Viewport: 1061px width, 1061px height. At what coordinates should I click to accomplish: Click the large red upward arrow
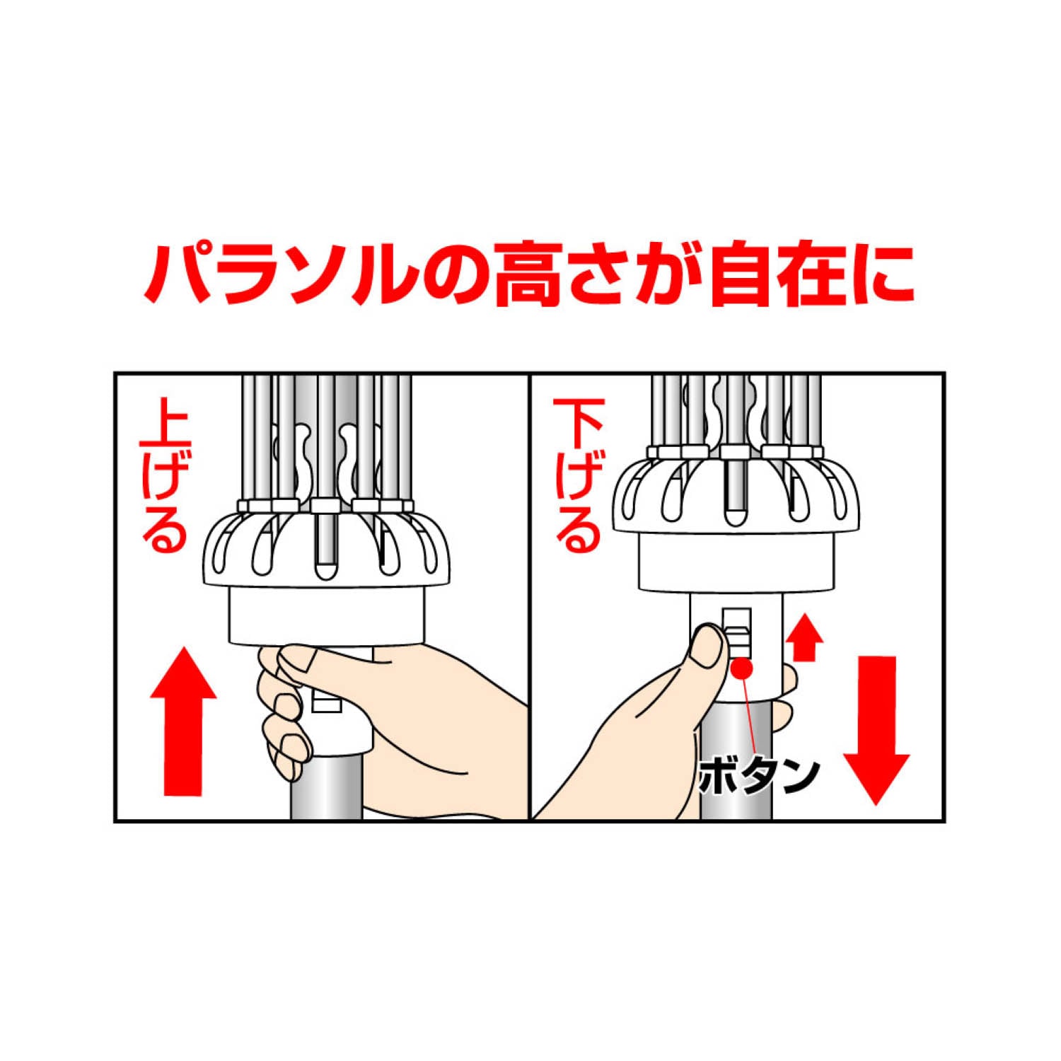point(183,721)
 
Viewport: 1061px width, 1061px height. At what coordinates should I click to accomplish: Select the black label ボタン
point(759,776)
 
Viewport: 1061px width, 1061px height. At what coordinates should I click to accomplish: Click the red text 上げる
point(166,476)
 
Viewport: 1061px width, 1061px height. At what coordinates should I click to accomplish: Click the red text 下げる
point(579,476)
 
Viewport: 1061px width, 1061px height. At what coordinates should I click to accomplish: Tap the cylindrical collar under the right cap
point(736,562)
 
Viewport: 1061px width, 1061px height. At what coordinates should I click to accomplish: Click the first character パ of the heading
point(176,275)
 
